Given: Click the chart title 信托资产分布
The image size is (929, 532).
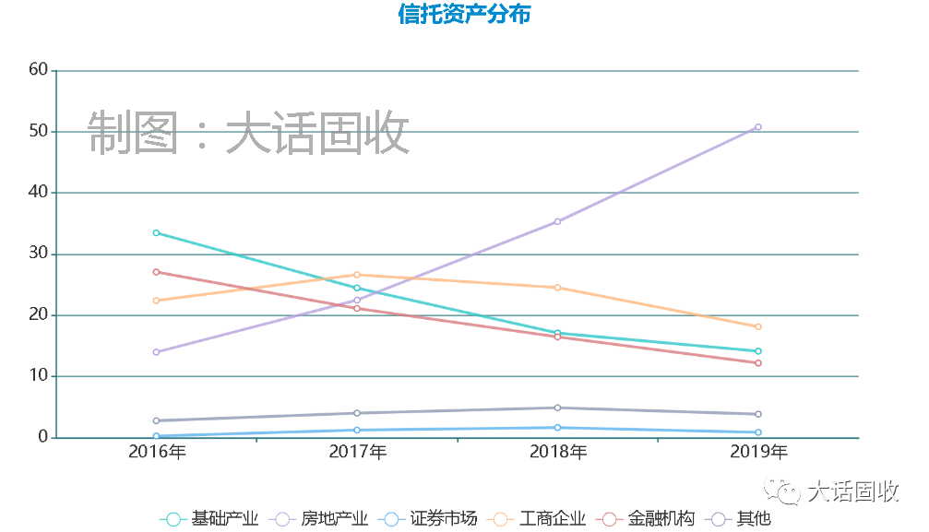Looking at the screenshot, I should tap(464, 15).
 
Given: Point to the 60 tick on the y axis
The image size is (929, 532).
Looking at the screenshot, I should tap(38, 69).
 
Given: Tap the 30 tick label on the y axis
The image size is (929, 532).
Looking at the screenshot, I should tap(38, 254).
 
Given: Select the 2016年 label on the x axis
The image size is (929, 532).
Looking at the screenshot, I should tap(157, 452).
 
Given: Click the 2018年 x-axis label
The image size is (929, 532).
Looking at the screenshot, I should tap(557, 452).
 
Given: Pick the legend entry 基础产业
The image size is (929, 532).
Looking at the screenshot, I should tap(208, 519).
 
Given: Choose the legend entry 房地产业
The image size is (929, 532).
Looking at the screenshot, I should tap(317, 519).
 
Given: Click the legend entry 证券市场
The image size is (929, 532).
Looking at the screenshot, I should tap(427, 519).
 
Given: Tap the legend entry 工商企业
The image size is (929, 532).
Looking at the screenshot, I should tap(536, 519).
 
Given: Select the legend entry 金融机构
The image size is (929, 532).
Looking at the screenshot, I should tap(645, 519).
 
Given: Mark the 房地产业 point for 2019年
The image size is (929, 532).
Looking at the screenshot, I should tap(758, 127).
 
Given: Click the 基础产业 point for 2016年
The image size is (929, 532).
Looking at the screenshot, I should tap(157, 233).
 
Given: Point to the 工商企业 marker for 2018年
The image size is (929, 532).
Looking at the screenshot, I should tap(557, 288).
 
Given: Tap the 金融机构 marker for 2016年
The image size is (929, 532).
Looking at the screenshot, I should tap(157, 272).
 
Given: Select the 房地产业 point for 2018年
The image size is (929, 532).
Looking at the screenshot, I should tap(557, 221).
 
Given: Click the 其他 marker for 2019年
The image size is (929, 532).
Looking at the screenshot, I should tap(758, 414).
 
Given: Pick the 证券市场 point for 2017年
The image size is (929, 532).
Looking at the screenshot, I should tap(357, 431).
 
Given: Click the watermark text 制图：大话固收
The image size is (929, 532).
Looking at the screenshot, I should tap(248, 135).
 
